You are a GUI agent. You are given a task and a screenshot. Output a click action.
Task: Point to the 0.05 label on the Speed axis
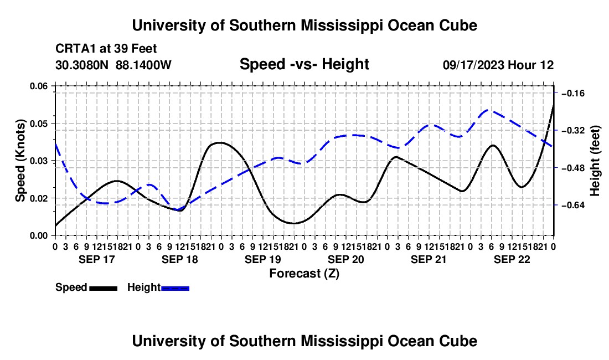point(38,124)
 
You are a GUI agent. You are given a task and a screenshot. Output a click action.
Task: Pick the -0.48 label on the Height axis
point(573,168)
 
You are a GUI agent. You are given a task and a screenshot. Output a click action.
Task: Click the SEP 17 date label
point(97,259)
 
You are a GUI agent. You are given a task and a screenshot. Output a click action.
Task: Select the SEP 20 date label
point(345,259)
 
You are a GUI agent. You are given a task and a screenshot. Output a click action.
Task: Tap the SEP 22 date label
point(512,259)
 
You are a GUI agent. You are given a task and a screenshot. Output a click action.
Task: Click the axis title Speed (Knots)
point(20,161)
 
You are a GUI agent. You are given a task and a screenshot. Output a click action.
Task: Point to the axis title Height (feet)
point(595,161)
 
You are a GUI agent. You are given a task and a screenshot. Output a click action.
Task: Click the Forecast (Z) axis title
point(304,274)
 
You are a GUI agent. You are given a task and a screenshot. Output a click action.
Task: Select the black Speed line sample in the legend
point(104,288)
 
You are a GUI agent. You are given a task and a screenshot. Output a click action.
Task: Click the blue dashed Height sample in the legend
point(175,288)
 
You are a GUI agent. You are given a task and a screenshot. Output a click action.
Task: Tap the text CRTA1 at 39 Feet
point(106,49)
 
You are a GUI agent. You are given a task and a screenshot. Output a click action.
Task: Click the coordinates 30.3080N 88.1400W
point(113,65)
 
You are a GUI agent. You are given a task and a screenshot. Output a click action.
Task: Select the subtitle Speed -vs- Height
point(304,64)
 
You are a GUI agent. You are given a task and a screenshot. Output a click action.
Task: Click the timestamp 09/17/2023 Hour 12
point(498,65)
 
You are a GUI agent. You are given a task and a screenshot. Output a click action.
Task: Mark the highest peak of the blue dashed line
point(490,111)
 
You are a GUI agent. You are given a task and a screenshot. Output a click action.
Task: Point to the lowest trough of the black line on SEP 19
point(294,223)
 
